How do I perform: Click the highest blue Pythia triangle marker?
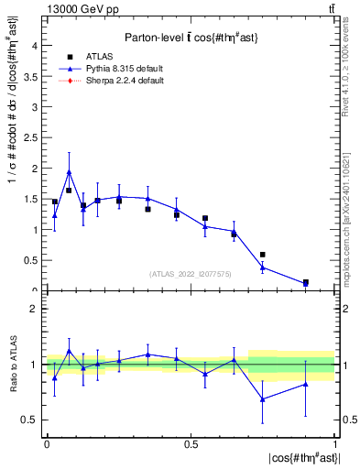[69, 171]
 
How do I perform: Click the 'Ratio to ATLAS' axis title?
[11, 364]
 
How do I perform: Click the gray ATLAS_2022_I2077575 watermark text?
[190, 273]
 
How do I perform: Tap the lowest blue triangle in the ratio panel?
[263, 399]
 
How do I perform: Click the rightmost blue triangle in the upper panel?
[306, 284]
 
